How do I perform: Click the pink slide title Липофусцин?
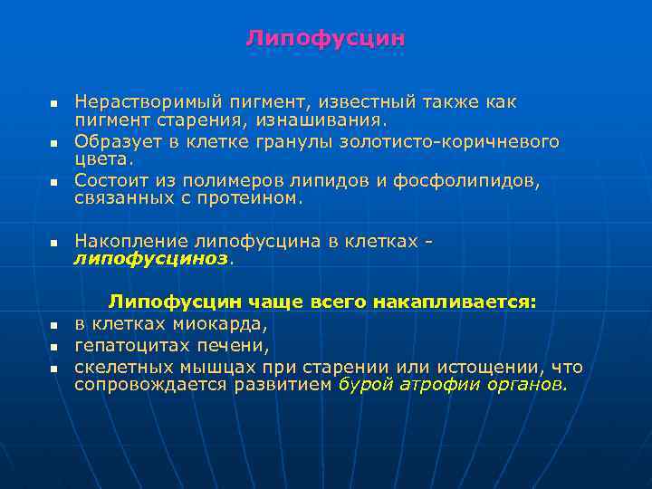[x=325, y=39]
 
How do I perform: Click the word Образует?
[x=115, y=141]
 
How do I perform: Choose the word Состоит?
[x=110, y=180]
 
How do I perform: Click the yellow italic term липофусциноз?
[x=152, y=258]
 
